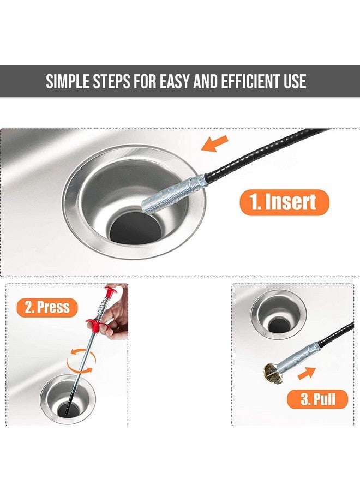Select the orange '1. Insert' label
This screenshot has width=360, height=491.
[284, 202]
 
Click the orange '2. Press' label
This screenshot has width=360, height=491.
[47, 307]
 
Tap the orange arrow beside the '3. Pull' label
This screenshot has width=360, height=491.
[307, 373]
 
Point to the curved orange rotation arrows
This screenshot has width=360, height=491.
[82, 358]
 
